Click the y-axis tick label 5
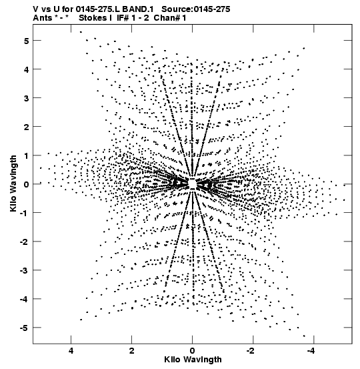point(26,41)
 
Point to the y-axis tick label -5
point(24,328)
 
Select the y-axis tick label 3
point(26,98)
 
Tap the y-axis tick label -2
point(24,242)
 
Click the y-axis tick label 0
point(26,184)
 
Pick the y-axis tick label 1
point(26,155)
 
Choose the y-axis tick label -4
point(24,300)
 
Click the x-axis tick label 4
point(71,351)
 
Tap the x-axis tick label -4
point(311,351)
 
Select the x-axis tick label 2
point(132,351)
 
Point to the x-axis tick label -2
point(251,351)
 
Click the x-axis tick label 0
point(193,351)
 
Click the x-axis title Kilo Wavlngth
point(193,360)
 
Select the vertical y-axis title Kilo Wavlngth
point(13,183)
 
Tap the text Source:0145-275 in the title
point(196,9)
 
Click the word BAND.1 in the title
point(138,9)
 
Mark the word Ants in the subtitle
point(43,18)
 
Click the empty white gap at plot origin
point(193,183)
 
